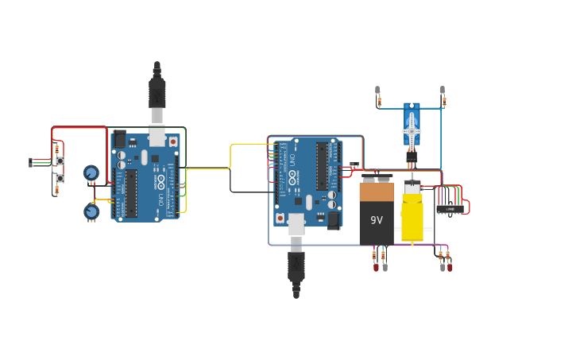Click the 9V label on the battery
377,220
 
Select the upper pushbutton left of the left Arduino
60,161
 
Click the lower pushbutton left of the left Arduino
60,179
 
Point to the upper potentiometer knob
91,173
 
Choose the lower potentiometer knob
91,211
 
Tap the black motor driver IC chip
450,209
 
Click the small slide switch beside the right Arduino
354,165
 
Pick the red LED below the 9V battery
376,267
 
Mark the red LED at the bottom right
450,267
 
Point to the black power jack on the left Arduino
120,141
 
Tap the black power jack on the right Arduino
334,219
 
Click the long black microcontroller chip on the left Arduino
131,193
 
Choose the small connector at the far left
31,162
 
